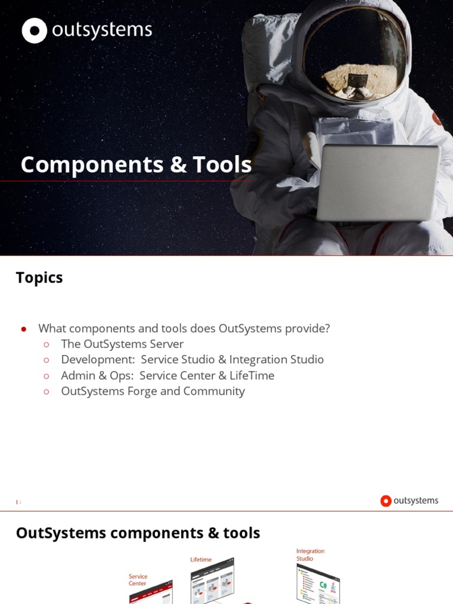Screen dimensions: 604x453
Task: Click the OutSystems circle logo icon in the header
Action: coord(34,31)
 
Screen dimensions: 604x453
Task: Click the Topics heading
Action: coord(40,278)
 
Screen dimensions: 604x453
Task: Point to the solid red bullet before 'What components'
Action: coord(24,329)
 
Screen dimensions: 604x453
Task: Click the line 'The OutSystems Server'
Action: coord(122,344)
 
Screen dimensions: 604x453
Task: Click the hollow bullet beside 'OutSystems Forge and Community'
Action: coord(47,392)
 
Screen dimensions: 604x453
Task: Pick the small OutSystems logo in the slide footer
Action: coord(409,501)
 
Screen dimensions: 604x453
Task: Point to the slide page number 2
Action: coord(19,502)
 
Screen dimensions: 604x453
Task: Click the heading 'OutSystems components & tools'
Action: coord(138,533)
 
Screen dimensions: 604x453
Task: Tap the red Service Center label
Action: coord(138,580)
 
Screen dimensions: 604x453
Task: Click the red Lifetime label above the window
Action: coord(201,559)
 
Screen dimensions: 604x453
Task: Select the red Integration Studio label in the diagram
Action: coord(310,555)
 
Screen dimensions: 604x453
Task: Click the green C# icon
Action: coord(323,586)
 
